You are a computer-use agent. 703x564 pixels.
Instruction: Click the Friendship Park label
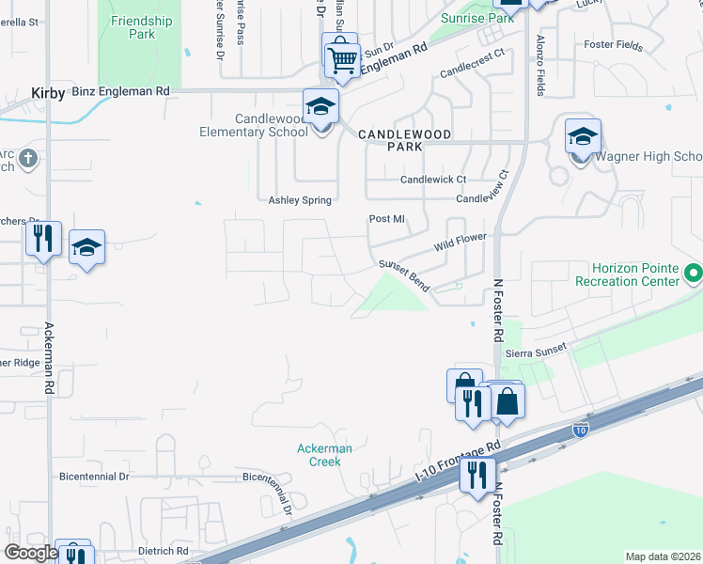[141, 27]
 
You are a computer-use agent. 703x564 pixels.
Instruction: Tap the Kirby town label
[48, 93]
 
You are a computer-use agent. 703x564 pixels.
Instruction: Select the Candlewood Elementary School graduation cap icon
[320, 106]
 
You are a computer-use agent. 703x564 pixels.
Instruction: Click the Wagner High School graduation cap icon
[583, 136]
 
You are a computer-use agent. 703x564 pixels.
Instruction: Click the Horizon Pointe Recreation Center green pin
[694, 274]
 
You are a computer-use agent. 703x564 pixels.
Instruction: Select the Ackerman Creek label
[324, 455]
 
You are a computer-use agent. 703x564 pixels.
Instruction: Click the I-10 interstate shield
[581, 431]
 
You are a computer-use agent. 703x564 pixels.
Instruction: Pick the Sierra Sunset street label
[537, 351]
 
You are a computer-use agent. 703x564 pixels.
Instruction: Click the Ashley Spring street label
[302, 200]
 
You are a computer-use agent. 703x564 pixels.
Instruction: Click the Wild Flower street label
[460, 243]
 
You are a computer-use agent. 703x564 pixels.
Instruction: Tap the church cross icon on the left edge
[28, 157]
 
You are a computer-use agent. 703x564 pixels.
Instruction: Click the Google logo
[30, 553]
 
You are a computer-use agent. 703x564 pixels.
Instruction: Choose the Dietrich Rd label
[164, 551]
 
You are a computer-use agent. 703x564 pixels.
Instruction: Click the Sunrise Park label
[477, 18]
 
